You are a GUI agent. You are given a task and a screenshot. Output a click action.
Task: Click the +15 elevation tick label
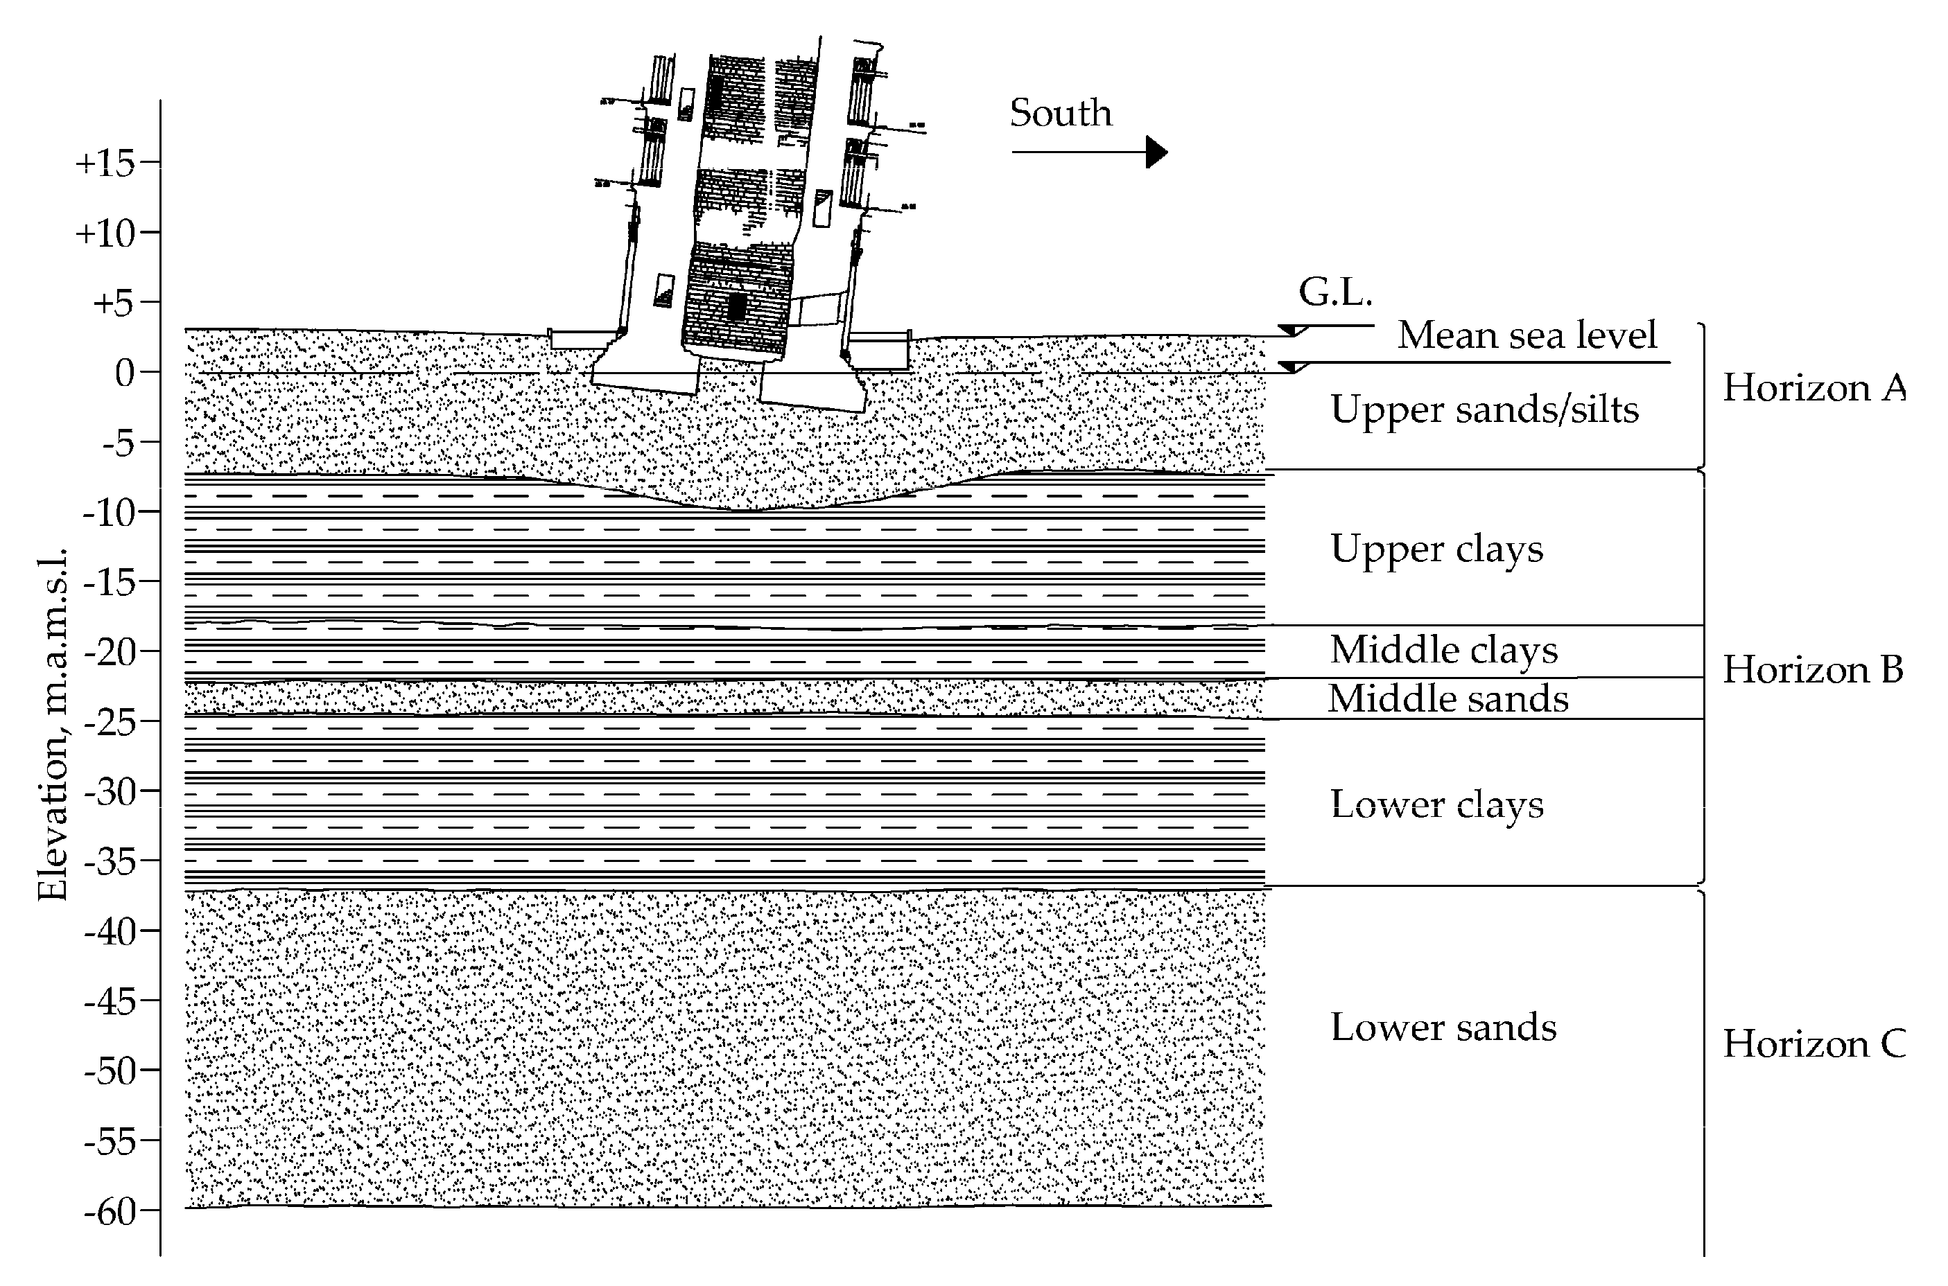tap(105, 164)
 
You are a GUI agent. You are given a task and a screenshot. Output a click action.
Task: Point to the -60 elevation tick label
tap(109, 1211)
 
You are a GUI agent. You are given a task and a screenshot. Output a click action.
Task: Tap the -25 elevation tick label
tap(109, 722)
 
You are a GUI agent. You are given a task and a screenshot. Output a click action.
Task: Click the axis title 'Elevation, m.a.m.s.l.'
tap(53, 724)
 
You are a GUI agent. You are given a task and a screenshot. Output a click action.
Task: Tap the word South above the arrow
tap(1060, 113)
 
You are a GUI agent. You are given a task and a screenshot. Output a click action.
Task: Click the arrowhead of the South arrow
tap(1156, 152)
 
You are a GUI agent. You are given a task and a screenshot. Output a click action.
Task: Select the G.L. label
tap(1335, 292)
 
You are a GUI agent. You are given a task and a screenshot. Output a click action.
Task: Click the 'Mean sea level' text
tap(1527, 335)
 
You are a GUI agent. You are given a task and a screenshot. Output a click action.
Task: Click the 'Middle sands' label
tap(1448, 698)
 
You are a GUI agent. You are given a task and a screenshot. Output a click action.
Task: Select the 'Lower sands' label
tap(1443, 1027)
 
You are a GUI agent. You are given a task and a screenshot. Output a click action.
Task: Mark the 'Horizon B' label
tap(1813, 670)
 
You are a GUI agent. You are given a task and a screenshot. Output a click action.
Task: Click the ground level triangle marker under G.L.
tap(1293, 331)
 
